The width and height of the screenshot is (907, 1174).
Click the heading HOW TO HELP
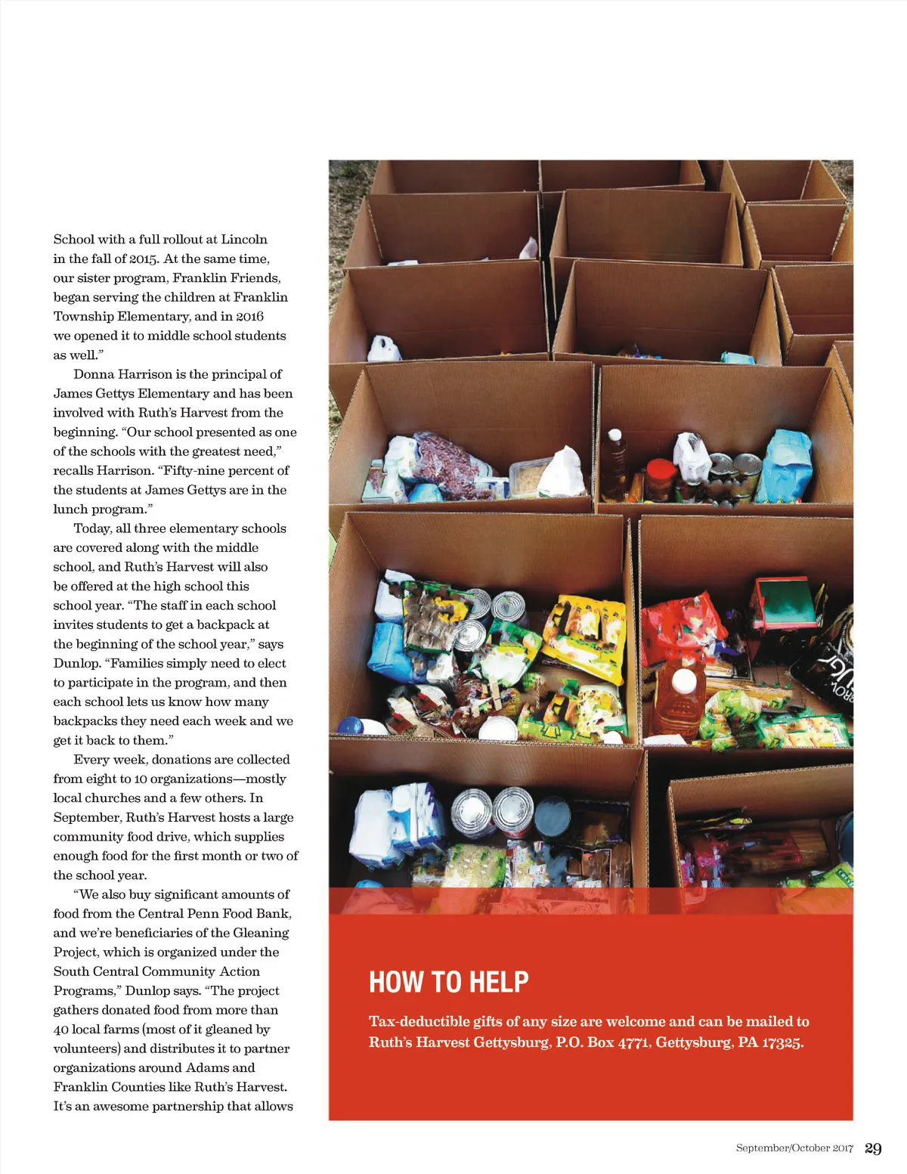tap(448, 982)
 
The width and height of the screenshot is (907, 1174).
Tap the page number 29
tap(873, 1148)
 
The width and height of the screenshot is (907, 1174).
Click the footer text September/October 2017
tap(794, 1148)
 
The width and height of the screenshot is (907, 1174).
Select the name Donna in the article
tap(93, 374)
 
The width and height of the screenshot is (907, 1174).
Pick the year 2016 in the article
tap(249, 316)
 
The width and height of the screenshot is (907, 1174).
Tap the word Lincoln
tap(244, 239)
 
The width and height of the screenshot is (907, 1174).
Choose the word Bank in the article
tap(272, 913)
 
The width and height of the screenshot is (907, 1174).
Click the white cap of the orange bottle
tap(684, 680)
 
